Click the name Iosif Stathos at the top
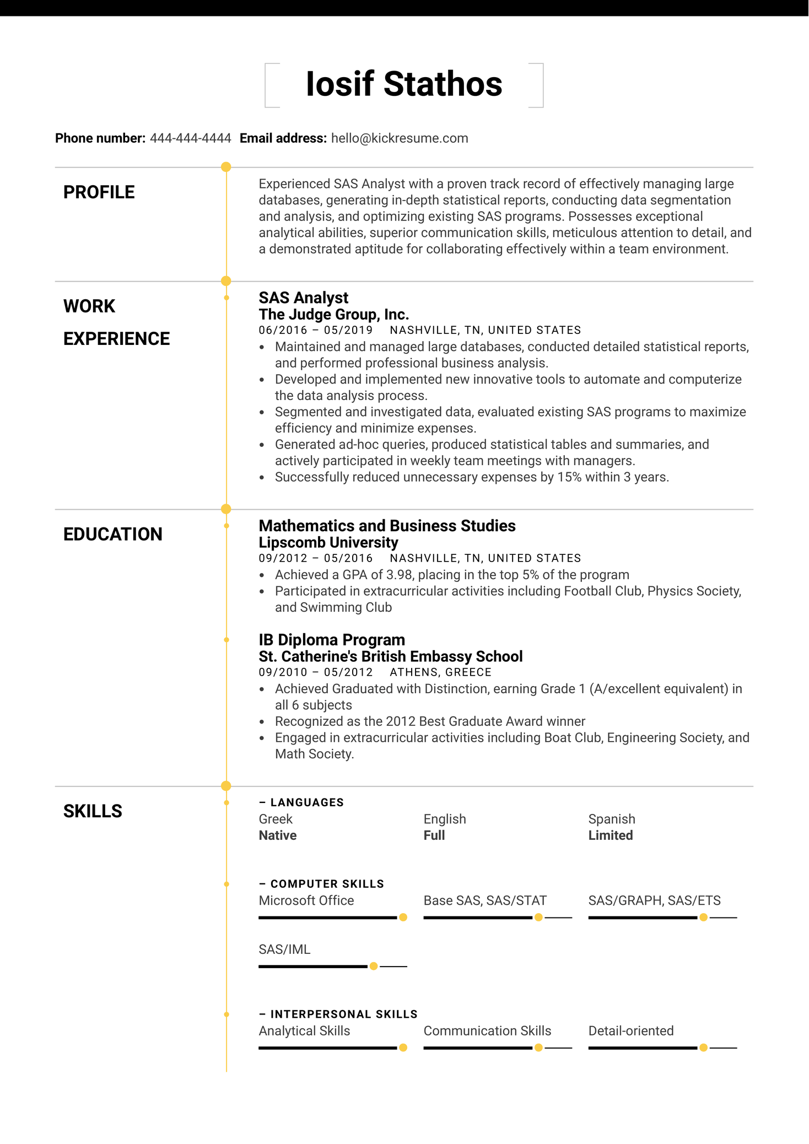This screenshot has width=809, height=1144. (404, 84)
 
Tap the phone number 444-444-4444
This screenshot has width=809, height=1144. (190, 138)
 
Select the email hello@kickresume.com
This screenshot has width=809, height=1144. (399, 138)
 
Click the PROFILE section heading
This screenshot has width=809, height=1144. (99, 192)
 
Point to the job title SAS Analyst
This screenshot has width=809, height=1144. (303, 298)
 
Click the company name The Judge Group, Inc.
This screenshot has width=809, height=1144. (333, 315)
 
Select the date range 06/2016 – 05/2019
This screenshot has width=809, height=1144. (316, 330)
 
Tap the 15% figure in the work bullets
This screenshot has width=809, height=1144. (569, 477)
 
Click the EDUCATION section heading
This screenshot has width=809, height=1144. (113, 534)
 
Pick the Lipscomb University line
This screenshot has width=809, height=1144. (328, 543)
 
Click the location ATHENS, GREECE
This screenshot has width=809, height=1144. (440, 672)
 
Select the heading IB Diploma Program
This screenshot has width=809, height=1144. (332, 640)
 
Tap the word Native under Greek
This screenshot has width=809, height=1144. (278, 835)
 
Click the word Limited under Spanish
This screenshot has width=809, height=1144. (610, 835)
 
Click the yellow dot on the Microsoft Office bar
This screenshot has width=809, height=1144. (403, 918)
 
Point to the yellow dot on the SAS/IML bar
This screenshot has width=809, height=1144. (374, 966)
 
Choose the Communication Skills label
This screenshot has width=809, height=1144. (487, 1031)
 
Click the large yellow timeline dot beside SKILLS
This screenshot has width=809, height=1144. (226, 786)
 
